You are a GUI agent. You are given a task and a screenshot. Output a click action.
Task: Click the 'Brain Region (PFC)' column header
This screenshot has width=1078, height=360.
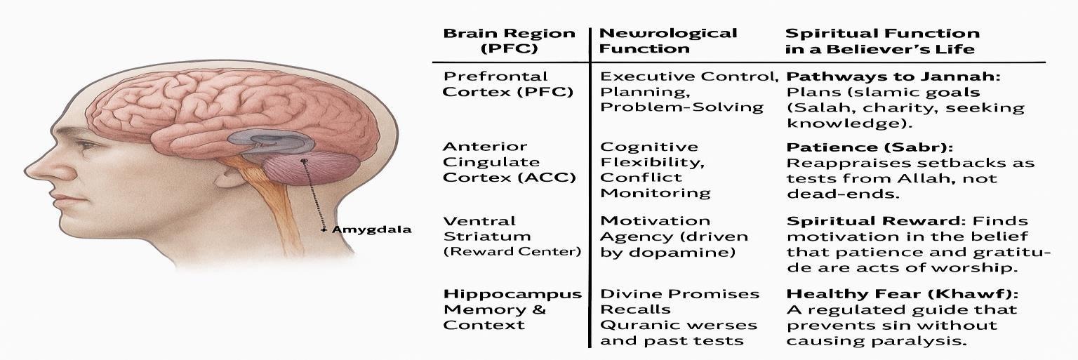[509, 41]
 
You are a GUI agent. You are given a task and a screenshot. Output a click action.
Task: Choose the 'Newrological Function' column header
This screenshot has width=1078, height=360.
[667, 41]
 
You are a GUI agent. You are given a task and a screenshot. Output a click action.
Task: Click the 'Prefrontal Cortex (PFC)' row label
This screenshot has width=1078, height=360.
[508, 84]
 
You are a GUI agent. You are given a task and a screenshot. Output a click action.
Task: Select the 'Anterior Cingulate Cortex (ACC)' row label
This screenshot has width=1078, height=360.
[508, 162]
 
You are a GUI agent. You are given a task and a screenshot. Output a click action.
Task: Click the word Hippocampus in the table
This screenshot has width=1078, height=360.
[512, 294]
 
